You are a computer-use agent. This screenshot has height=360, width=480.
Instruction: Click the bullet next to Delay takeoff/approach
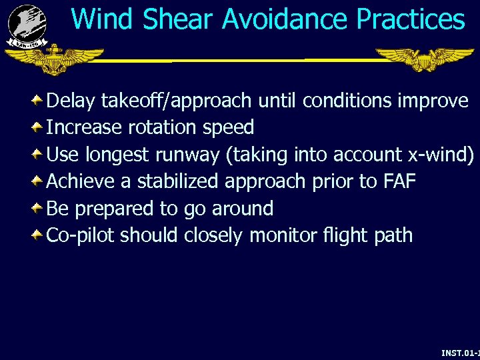pos(39,101)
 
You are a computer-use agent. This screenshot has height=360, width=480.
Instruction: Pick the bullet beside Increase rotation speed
pos(39,127)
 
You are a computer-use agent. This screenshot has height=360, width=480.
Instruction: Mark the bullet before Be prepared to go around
pos(39,208)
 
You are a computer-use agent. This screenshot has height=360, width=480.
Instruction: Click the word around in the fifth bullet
pos(242,209)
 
